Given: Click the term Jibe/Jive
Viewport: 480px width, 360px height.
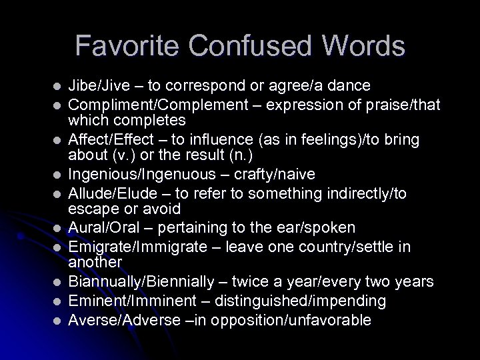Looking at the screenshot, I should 102,86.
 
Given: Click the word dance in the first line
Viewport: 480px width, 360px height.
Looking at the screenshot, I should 351,86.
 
